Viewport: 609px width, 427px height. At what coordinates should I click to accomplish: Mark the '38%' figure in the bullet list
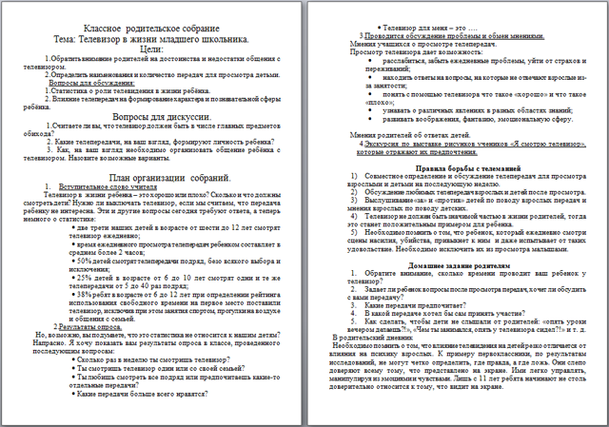coord(82,295)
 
